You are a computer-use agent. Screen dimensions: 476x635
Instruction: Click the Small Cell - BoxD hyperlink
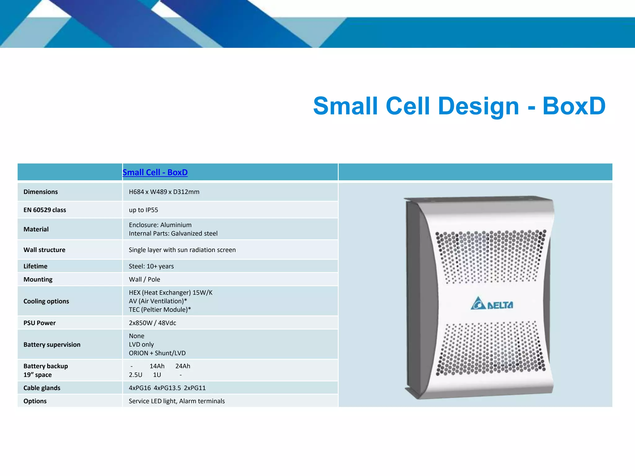pyautogui.click(x=155, y=172)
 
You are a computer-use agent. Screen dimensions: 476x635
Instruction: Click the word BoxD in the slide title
pyautogui.click(x=574, y=106)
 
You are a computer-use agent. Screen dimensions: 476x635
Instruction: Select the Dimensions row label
pyautogui.click(x=41, y=192)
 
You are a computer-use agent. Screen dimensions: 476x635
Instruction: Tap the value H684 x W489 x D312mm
pyautogui.click(x=164, y=192)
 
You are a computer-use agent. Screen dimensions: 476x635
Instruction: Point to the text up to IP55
pyautogui.click(x=143, y=210)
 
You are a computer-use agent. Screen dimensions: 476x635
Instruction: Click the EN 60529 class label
pyautogui.click(x=45, y=210)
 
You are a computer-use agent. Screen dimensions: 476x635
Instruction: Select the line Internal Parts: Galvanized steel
pyautogui.click(x=173, y=233)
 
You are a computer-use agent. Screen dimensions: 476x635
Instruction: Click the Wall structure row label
pyautogui.click(x=44, y=250)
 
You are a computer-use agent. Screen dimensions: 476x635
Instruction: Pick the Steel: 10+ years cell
pyautogui.click(x=151, y=266)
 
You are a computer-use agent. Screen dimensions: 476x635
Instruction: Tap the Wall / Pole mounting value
pyautogui.click(x=144, y=279)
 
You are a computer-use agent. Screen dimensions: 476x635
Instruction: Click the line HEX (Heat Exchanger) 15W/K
pyautogui.click(x=171, y=293)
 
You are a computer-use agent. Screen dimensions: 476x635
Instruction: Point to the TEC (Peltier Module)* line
pyautogui.click(x=160, y=310)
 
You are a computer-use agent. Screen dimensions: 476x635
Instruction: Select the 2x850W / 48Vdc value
pyautogui.click(x=152, y=323)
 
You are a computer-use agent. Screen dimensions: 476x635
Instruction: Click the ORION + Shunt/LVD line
pyautogui.click(x=157, y=353)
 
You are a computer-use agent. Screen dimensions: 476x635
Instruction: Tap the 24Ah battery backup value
pyautogui.click(x=183, y=366)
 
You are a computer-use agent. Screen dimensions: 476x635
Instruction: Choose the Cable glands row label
pyautogui.click(x=42, y=388)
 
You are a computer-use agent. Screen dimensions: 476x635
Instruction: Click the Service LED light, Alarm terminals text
pyautogui.click(x=177, y=401)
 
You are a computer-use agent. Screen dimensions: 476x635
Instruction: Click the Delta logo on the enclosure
pyautogui.click(x=492, y=304)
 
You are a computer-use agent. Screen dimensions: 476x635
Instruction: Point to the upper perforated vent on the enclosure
pyautogui.click(x=490, y=256)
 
